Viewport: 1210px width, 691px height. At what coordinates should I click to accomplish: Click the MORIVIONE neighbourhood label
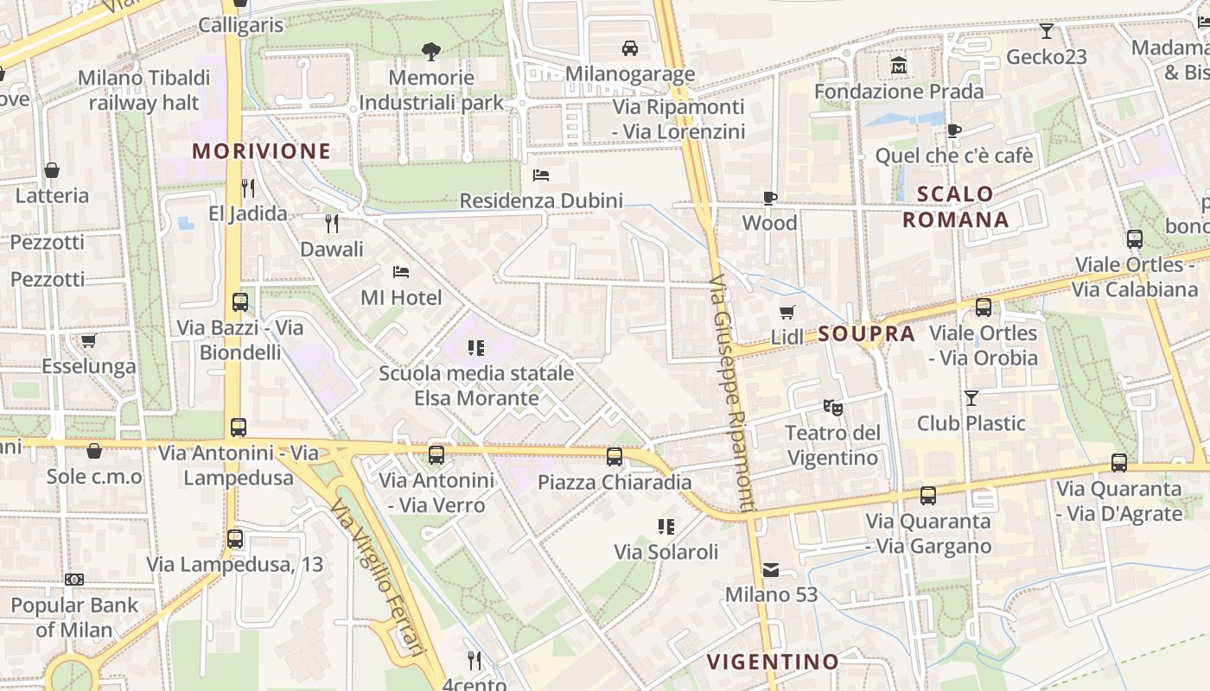point(262,151)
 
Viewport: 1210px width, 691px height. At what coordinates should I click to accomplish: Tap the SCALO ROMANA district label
point(956,206)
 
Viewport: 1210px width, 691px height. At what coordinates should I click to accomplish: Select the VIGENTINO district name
point(773,662)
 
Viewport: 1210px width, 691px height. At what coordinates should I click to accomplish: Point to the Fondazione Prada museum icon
point(899,66)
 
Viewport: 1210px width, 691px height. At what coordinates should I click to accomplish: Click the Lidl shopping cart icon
point(786,312)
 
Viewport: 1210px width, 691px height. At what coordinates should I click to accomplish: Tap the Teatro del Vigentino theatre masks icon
point(832,406)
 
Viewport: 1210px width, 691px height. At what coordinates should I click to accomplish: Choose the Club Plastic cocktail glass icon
point(971,397)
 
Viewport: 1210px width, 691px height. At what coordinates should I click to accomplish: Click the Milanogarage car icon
point(630,48)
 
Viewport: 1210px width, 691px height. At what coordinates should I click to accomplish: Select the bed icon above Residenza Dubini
point(541,175)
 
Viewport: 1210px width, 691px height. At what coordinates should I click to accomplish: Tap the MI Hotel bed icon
point(401,272)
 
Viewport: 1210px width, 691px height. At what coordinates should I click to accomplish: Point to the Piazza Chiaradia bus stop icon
point(615,456)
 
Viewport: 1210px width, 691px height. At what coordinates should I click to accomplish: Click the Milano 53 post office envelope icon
point(771,569)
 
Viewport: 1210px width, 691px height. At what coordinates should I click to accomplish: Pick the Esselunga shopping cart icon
point(89,340)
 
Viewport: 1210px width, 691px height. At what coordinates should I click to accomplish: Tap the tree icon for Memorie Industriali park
point(431,52)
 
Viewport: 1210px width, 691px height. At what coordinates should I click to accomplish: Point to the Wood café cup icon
point(770,198)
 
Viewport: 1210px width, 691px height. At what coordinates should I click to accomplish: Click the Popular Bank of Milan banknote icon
point(74,580)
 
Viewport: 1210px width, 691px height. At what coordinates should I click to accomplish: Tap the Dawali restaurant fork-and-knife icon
point(332,224)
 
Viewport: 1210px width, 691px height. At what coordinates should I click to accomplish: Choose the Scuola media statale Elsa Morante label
point(476,386)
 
